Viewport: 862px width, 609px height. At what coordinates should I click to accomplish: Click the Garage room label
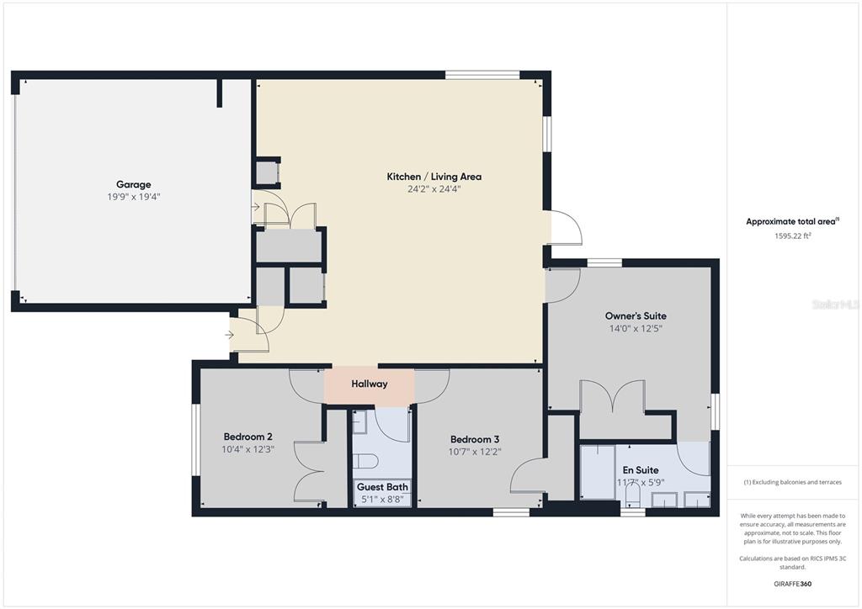pyautogui.click(x=133, y=184)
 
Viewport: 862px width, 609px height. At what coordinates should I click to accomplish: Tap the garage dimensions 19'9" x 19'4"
pyautogui.click(x=134, y=197)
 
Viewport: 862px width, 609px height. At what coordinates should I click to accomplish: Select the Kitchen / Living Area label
pyautogui.click(x=434, y=177)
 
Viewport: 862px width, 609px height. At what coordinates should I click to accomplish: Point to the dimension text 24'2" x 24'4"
pyautogui.click(x=434, y=189)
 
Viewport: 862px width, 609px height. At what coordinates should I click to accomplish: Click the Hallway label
pyautogui.click(x=370, y=384)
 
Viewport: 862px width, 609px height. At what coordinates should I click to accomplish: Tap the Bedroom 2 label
pyautogui.click(x=248, y=437)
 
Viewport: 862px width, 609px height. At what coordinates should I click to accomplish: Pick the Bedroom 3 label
pyautogui.click(x=475, y=439)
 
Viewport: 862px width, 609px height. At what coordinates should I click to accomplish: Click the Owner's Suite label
pyautogui.click(x=636, y=315)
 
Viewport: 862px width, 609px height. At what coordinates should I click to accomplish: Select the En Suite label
pyautogui.click(x=641, y=470)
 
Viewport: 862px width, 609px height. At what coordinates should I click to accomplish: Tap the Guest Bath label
pyautogui.click(x=383, y=487)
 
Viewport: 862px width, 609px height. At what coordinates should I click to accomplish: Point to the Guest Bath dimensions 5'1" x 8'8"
pyautogui.click(x=383, y=499)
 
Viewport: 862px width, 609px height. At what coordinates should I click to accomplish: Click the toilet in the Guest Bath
pyautogui.click(x=364, y=461)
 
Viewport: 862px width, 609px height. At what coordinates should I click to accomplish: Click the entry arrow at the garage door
pyautogui.click(x=256, y=207)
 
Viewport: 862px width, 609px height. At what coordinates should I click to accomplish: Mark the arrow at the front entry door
pyautogui.click(x=229, y=335)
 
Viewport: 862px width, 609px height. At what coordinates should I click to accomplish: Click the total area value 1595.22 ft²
pyautogui.click(x=793, y=236)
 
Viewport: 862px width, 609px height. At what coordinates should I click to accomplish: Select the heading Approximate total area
pyautogui.click(x=792, y=222)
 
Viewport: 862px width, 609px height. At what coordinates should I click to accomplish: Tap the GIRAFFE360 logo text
pyautogui.click(x=792, y=584)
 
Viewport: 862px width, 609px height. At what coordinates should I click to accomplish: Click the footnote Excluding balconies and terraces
pyautogui.click(x=792, y=482)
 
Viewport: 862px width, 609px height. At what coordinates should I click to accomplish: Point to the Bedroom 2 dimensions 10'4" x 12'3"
pyautogui.click(x=248, y=449)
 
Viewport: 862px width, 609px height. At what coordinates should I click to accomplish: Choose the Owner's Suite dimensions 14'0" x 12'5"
pyautogui.click(x=636, y=328)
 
